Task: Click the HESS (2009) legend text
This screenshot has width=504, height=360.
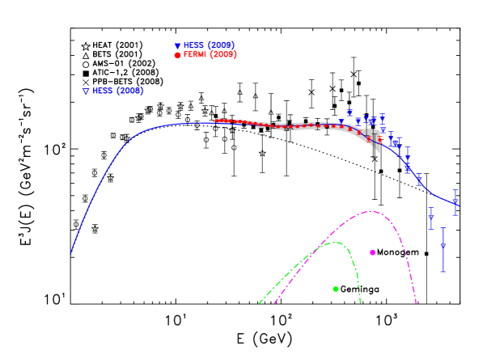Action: click(x=209, y=45)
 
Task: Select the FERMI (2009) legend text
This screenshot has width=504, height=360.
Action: click(x=210, y=55)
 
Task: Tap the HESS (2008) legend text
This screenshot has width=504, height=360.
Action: click(x=117, y=91)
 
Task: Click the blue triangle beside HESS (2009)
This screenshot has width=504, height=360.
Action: click(x=177, y=46)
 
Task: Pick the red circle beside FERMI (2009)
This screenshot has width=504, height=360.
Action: click(x=177, y=55)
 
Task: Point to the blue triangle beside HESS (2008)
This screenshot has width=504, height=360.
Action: click(x=86, y=91)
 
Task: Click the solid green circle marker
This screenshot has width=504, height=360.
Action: click(x=336, y=289)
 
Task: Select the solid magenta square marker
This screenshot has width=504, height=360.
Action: click(x=372, y=252)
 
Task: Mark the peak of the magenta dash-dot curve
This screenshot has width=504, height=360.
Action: click(x=371, y=212)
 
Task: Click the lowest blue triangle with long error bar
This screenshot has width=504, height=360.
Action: click(x=443, y=246)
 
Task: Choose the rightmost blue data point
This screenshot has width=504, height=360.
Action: click(x=455, y=201)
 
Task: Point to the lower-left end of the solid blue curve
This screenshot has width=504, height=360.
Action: click(x=71, y=252)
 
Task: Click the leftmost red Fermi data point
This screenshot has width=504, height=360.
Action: click(x=218, y=121)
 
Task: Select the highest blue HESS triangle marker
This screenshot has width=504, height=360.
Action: click(x=349, y=112)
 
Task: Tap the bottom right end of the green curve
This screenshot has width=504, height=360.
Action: click(x=360, y=303)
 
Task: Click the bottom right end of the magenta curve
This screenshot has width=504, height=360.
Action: click(x=416, y=303)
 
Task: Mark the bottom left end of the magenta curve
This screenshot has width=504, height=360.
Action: click(x=274, y=303)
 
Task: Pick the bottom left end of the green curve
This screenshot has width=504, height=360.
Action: click(x=260, y=303)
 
